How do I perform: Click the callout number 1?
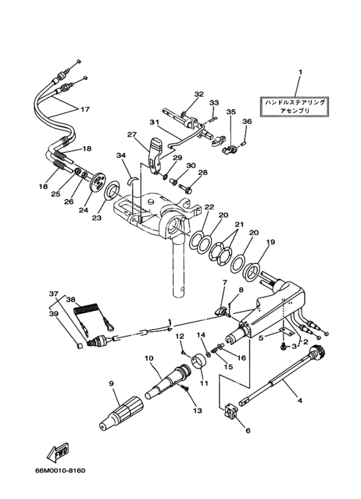point(299,72)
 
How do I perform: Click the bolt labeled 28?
point(186,190)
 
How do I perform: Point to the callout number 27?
point(132,135)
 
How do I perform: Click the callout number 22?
point(208,207)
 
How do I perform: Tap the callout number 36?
point(247,121)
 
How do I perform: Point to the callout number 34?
point(121,155)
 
